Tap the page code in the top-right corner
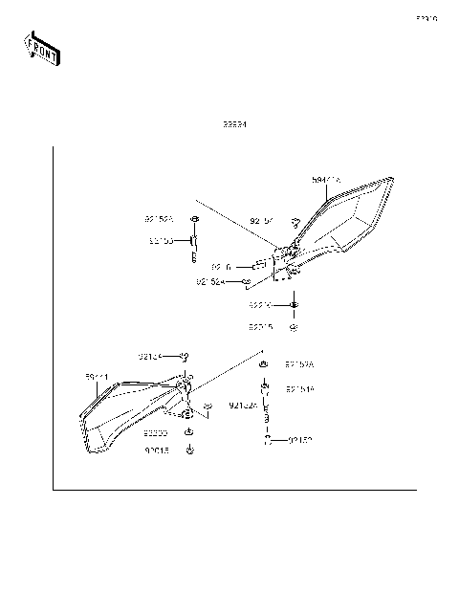[426, 18]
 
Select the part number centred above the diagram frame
[234, 124]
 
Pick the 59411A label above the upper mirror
[326, 180]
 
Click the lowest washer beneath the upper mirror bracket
[295, 326]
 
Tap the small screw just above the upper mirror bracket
[295, 223]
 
